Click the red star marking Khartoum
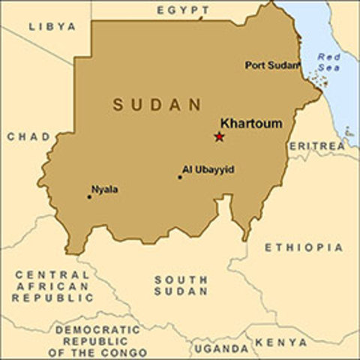(219, 136)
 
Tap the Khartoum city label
(250, 123)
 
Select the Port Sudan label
(272, 65)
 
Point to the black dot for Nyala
(89, 197)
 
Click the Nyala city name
(104, 189)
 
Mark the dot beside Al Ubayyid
(180, 178)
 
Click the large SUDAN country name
(158, 104)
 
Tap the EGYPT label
(181, 10)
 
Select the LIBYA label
(52, 26)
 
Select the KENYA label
(281, 342)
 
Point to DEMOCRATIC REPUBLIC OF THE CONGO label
(98, 340)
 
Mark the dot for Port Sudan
(303, 66)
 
